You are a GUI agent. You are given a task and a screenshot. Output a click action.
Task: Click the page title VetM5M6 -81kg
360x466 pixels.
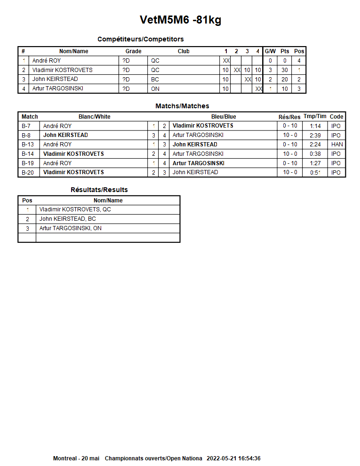(180, 20)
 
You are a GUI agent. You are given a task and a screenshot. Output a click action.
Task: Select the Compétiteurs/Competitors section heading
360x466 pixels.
(140, 39)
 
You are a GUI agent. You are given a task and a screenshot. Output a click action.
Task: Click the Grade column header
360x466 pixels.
(133, 51)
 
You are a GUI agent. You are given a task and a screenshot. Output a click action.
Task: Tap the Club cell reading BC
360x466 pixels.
(155, 80)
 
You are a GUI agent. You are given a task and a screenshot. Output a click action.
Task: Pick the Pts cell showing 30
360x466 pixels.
(285, 70)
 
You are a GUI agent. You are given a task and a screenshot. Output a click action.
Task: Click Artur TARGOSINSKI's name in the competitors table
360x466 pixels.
(57, 88)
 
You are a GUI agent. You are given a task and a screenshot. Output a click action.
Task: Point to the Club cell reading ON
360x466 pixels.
(155, 89)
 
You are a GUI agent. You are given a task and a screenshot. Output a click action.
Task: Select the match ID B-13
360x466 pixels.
(28, 145)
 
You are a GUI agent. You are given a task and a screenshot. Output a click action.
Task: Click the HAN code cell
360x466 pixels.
(337, 145)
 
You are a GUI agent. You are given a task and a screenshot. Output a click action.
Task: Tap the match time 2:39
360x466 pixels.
(315, 135)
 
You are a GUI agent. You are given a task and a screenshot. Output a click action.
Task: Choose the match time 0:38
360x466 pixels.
(315, 154)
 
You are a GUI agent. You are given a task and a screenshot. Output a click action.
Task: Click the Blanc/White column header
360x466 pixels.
(94, 117)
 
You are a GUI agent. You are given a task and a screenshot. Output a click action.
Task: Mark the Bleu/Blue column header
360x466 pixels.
(224, 117)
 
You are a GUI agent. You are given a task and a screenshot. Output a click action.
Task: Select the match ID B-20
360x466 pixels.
(28, 172)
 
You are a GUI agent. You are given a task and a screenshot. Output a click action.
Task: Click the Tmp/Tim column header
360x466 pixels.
(315, 117)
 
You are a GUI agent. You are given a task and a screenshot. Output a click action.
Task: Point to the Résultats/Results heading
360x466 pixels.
(99, 190)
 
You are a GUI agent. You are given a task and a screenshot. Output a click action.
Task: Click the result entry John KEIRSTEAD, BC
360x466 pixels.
(67, 219)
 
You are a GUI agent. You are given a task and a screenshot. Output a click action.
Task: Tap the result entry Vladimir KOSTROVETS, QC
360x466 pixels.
(75, 209)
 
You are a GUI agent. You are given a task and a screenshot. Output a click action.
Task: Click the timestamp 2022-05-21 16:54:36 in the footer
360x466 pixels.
(233, 458)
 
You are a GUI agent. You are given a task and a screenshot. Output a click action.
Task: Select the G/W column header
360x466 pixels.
(270, 51)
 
